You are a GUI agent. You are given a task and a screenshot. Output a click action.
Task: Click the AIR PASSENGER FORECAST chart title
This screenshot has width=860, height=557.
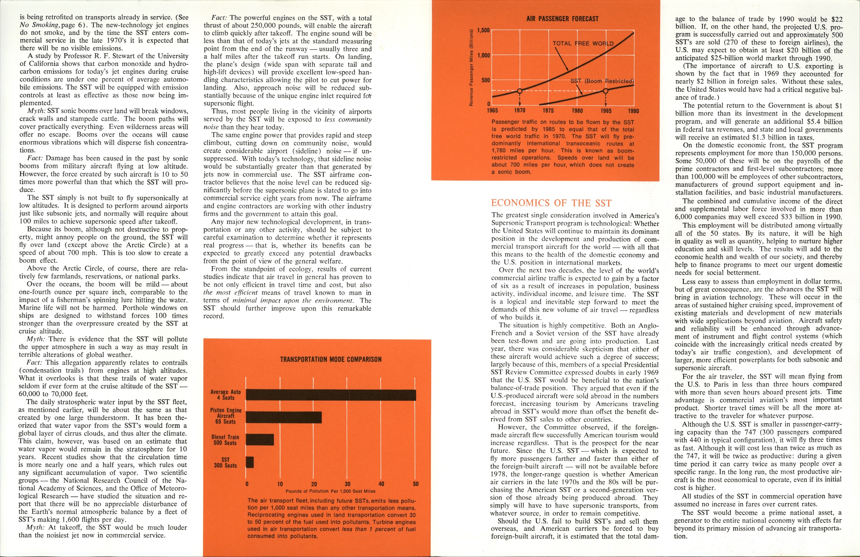pos(562,19)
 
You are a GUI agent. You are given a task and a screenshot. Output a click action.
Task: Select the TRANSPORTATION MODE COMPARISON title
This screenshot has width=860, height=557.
pos(331,360)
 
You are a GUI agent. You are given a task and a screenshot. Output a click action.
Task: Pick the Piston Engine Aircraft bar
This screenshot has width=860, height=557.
pos(284,417)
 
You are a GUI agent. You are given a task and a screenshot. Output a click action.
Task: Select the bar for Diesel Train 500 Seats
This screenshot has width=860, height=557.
pos(260,440)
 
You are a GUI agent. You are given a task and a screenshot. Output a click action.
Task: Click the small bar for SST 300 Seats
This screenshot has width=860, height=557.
pos(250,462)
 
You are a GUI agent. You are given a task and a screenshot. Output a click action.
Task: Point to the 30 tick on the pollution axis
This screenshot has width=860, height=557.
pos(347,484)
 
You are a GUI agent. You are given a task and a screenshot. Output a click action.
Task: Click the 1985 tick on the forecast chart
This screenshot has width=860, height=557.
pos(606,110)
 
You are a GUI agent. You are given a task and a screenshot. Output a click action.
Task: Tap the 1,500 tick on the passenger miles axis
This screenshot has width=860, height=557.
pos(483,30)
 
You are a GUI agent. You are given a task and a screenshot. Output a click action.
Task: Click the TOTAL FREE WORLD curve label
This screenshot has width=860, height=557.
pos(583,44)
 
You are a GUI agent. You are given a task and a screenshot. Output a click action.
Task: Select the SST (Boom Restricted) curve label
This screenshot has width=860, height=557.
pos(602,81)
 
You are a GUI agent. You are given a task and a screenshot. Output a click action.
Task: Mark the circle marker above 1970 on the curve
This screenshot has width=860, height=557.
pos(520,91)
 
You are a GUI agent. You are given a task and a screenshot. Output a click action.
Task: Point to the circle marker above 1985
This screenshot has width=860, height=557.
pos(606,91)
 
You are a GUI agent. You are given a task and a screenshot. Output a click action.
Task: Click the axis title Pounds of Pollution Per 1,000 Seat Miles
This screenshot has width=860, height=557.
pos(330,491)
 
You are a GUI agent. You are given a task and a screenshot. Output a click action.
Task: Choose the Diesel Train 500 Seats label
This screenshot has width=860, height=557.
pos(225,440)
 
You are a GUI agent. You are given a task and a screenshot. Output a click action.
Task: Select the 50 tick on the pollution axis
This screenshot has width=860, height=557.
pos(415,484)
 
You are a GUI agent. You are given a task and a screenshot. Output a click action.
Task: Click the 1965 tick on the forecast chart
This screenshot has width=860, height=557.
pos(492,110)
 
